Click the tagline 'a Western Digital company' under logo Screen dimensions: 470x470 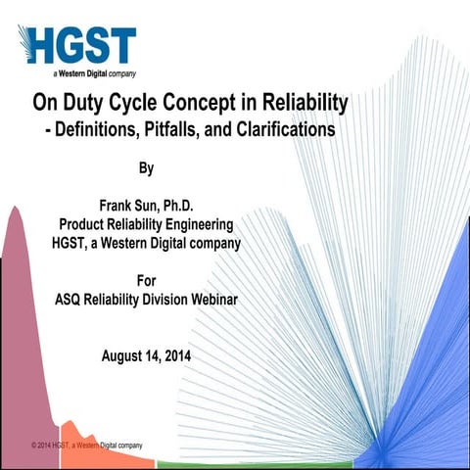point(94,73)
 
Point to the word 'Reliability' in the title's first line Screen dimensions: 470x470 point(301,103)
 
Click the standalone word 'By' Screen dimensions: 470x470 point(146,168)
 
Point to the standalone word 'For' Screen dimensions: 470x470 point(146,281)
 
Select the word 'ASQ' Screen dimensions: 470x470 point(71,300)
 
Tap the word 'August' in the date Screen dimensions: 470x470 point(126,355)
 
